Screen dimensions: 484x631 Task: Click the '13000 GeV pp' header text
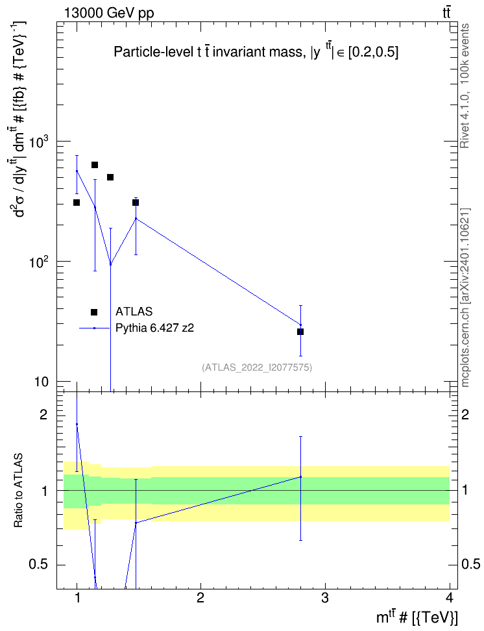coord(109,13)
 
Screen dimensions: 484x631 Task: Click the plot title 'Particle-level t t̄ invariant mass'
coord(208,52)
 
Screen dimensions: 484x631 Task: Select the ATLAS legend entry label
coord(134,312)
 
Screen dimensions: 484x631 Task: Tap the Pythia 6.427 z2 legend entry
coord(154,328)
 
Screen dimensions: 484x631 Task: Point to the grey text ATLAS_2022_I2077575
coord(257,367)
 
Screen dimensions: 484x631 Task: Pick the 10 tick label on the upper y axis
coord(41,382)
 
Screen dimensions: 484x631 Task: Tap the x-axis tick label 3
coord(324,599)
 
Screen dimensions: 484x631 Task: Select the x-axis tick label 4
coord(450,599)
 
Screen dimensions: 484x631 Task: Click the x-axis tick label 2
coord(200,599)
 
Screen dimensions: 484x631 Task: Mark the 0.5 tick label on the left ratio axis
coord(39,565)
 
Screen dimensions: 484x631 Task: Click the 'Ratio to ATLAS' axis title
coord(18,491)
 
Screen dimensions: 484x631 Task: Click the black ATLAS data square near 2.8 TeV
coord(300,332)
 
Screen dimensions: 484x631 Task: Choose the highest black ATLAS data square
coord(95,165)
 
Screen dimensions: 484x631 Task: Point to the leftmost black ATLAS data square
coord(77,203)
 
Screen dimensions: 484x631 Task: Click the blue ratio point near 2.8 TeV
coord(300,477)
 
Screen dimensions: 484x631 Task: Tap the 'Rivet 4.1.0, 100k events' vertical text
coord(465,86)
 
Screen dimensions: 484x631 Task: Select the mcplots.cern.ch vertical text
coord(465,298)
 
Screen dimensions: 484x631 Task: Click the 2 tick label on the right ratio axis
coord(465,414)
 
